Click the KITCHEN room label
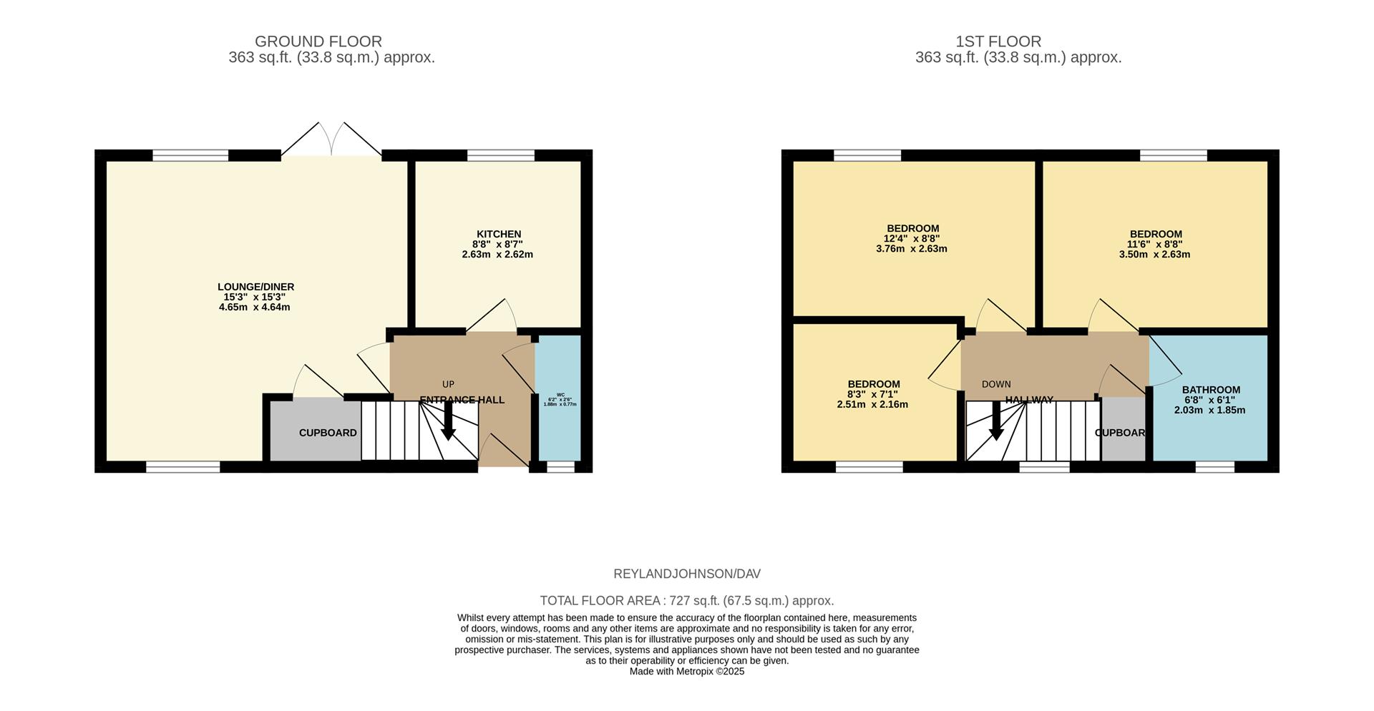click(x=499, y=234)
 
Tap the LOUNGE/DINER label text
click(x=256, y=287)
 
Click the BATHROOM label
click(x=1211, y=390)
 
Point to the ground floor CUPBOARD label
click(x=328, y=433)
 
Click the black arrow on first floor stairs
click(x=995, y=423)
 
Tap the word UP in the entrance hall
click(x=448, y=384)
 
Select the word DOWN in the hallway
click(x=996, y=384)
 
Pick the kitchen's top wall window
click(x=501, y=155)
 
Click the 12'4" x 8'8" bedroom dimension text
click(x=912, y=239)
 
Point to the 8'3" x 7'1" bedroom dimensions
click(x=872, y=394)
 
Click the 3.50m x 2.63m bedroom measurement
click(x=1154, y=254)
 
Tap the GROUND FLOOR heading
click(x=318, y=41)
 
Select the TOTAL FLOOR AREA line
click(x=687, y=601)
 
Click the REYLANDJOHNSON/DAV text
click(x=687, y=574)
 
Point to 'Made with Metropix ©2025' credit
click(x=687, y=672)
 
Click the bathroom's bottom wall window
click(x=1214, y=467)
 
